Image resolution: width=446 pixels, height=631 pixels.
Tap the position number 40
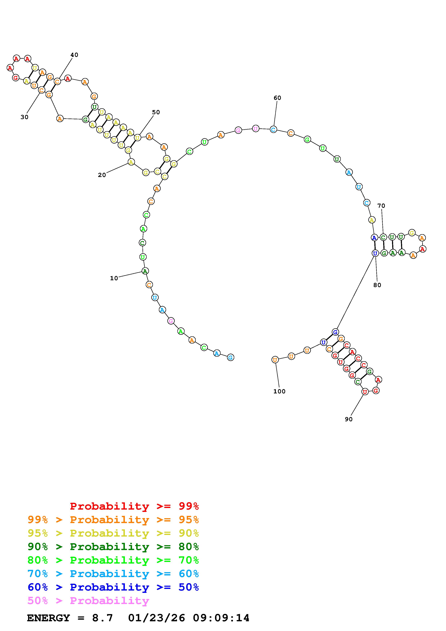coord(74,55)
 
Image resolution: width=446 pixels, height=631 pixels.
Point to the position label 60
coord(277,98)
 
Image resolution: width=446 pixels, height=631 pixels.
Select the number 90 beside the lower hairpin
coord(348,419)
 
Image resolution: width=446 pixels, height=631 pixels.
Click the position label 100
coord(279,391)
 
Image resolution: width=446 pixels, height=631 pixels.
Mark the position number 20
coord(102,175)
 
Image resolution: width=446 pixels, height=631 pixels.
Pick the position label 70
coord(381,206)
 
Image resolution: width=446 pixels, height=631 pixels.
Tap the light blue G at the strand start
coord(231,357)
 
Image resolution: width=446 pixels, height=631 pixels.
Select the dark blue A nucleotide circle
coord(374,237)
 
